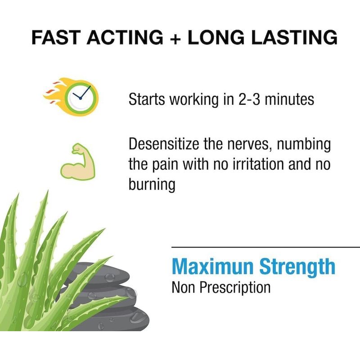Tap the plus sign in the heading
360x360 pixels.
tap(175, 38)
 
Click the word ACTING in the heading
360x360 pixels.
tap(125, 37)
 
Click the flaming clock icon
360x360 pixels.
tap(71, 97)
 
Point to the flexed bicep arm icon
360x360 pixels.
tap(77, 162)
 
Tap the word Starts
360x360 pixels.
tap(147, 99)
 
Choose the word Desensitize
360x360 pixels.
tap(164, 144)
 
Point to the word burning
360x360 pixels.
tap(152, 185)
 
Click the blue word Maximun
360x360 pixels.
tap(212, 266)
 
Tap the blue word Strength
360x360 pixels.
tap(297, 267)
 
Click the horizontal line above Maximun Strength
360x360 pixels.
tap(265, 247)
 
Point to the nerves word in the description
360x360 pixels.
tap(250, 144)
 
